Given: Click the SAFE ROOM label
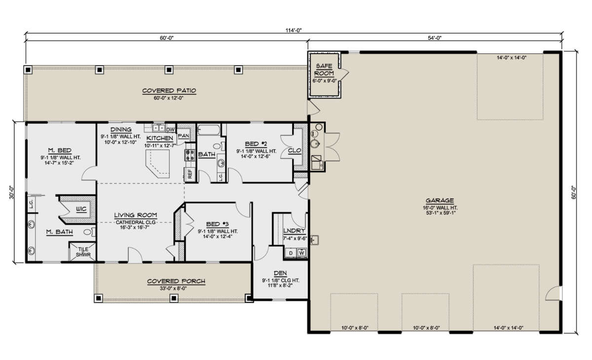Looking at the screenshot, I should tap(324, 70).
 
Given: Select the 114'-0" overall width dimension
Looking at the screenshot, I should tap(293, 30).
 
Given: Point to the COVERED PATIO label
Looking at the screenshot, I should tap(169, 91).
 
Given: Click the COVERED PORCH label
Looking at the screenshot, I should tap(176, 282).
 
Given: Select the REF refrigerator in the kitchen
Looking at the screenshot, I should tap(189, 173).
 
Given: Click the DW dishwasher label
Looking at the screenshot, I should tap(170, 129).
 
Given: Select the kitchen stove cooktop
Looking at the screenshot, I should tap(189, 155).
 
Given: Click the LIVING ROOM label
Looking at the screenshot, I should tap(135, 215).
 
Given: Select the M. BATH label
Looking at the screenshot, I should tap(57, 232).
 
